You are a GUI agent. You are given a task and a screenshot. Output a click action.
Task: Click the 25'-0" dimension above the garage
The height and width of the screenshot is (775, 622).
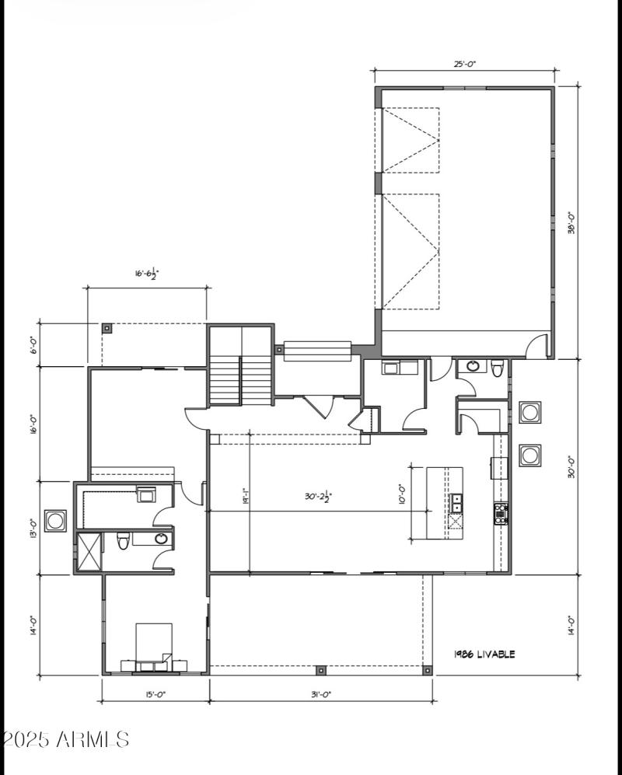(x=464, y=65)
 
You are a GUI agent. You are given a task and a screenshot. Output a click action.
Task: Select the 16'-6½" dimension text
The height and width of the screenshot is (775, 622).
(x=147, y=273)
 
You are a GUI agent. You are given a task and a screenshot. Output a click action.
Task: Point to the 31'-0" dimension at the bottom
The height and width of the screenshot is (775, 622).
(x=321, y=694)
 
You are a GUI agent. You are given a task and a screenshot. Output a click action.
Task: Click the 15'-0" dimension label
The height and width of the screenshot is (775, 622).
(x=154, y=694)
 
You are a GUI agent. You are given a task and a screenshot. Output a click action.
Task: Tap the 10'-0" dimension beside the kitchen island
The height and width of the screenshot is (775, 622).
(x=402, y=494)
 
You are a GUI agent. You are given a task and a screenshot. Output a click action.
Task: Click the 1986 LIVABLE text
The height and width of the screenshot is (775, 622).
(x=484, y=655)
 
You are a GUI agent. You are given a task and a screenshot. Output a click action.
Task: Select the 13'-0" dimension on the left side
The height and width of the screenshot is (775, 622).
(x=33, y=529)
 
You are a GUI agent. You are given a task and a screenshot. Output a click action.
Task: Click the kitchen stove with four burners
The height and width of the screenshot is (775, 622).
(x=501, y=512)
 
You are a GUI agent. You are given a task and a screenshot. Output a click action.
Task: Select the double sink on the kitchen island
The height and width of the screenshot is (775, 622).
(x=456, y=503)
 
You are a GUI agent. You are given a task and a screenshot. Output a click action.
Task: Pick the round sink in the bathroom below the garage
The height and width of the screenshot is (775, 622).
(x=472, y=366)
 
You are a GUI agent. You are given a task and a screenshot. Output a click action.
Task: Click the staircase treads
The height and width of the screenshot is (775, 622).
(x=239, y=380)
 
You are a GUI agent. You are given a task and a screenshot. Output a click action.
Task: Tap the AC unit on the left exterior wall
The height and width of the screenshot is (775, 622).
(x=55, y=521)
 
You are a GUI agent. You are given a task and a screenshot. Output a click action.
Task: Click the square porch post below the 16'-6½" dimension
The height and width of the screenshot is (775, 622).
(x=107, y=328)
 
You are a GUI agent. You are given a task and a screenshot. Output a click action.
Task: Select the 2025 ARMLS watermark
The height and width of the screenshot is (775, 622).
(x=65, y=738)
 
